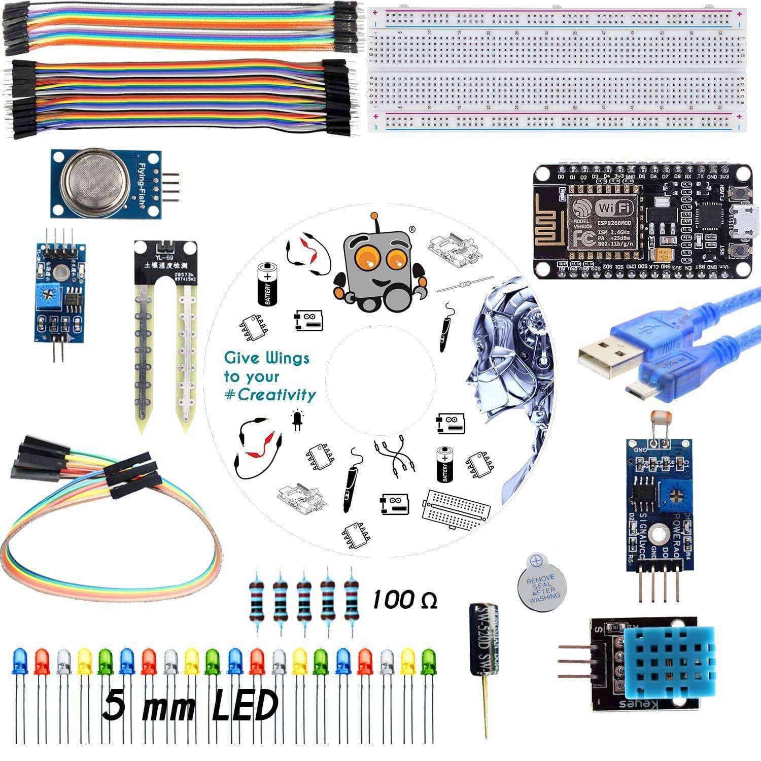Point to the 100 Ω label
pyautogui.click(x=404, y=600)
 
